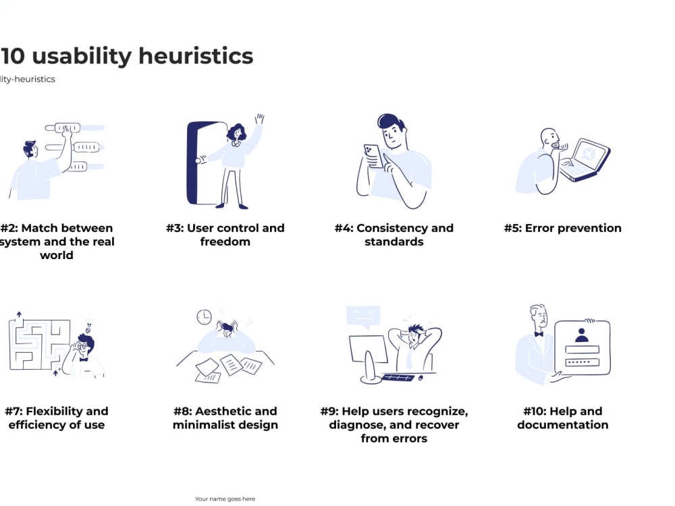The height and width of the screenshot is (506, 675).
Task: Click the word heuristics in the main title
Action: [196, 57]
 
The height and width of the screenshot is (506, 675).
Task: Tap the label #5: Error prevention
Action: [563, 228]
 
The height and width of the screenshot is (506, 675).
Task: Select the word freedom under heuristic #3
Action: [225, 242]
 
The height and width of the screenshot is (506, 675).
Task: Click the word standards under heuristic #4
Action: [394, 242]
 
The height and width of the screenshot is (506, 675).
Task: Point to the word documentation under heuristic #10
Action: [563, 425]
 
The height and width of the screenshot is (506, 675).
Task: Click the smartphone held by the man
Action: [373, 156]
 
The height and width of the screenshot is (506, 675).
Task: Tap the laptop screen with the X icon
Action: [589, 154]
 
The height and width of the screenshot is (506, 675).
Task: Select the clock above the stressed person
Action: [204, 317]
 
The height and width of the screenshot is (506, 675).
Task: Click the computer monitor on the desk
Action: [368, 349]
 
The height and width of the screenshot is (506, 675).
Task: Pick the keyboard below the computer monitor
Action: [398, 378]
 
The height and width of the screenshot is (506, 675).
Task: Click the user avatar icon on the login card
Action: [582, 335]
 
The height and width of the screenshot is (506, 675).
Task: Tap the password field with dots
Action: [582, 362]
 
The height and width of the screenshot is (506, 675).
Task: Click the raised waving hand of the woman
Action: [260, 119]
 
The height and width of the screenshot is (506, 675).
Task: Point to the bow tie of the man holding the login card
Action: [539, 334]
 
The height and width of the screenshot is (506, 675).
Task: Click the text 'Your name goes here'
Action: [225, 499]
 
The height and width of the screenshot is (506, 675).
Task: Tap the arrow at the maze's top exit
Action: [19, 315]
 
